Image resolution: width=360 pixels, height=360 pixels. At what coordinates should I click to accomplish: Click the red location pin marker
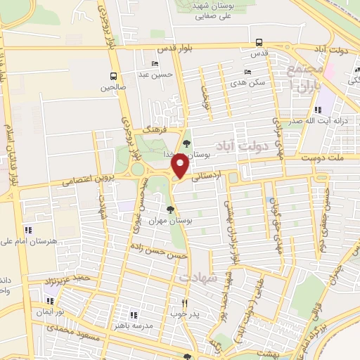click(180, 167)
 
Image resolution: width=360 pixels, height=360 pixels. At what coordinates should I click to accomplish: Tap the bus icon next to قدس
click(259, 41)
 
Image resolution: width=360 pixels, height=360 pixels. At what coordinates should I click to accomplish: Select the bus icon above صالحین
click(112, 77)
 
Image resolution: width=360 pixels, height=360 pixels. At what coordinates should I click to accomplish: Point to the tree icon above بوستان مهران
click(169, 209)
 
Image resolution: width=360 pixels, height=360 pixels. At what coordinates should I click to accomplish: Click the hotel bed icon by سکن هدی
click(247, 72)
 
